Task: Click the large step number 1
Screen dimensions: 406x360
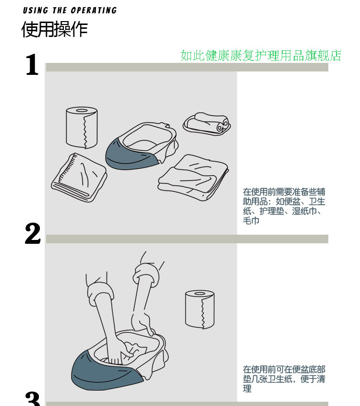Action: [32, 65]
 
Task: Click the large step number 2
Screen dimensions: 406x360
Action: [33, 234]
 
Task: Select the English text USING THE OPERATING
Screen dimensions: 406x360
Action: [70, 10]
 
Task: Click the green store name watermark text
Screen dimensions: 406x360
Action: [261, 56]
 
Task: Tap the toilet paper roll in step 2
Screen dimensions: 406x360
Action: [200, 310]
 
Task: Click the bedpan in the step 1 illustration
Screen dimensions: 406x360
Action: [142, 146]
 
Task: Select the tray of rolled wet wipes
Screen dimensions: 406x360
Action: [207, 123]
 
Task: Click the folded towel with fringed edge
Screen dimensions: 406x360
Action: [79, 177]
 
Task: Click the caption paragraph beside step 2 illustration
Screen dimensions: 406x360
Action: [284, 379]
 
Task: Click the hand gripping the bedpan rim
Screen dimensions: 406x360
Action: [143, 322]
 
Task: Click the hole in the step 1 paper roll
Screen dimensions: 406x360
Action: [82, 110]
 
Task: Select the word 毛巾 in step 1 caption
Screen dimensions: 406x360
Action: [251, 221]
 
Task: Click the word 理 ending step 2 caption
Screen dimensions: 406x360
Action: [247, 389]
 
